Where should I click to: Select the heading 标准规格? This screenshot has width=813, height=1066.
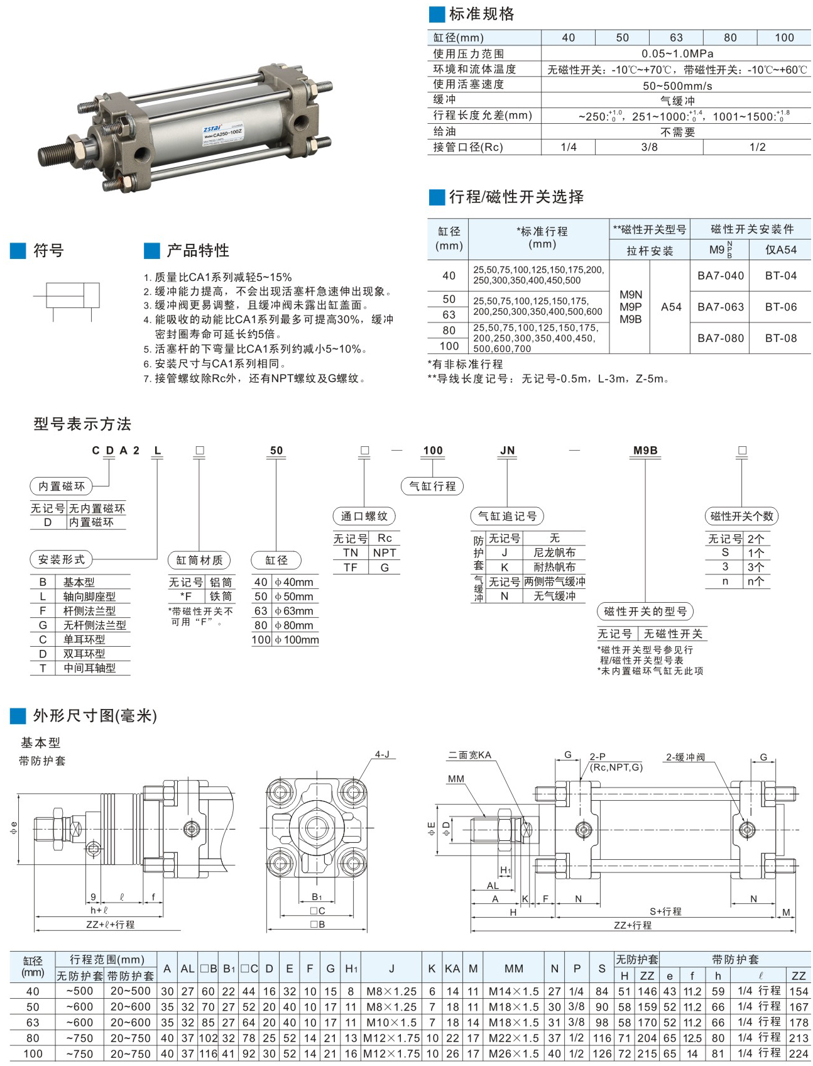click(x=481, y=14)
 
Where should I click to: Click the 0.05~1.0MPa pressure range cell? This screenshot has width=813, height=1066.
click(x=677, y=53)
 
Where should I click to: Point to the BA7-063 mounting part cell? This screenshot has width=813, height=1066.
click(x=720, y=307)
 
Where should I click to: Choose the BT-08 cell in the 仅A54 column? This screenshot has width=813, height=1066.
click(x=780, y=338)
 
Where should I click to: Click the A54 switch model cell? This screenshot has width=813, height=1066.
click(x=670, y=307)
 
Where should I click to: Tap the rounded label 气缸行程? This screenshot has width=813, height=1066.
click(x=432, y=486)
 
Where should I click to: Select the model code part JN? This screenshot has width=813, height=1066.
click(x=507, y=450)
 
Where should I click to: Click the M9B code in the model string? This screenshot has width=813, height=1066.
click(x=645, y=450)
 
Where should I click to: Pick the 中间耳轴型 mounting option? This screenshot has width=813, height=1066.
click(x=89, y=668)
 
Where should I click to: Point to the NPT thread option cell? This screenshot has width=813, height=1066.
click(x=385, y=552)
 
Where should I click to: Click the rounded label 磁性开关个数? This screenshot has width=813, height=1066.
click(x=741, y=516)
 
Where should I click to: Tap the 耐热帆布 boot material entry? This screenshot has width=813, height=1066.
click(x=554, y=567)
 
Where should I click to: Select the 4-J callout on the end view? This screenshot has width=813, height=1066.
click(x=383, y=754)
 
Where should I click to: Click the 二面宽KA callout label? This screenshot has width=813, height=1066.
click(x=469, y=755)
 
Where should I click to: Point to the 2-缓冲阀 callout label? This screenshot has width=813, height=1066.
click(x=685, y=757)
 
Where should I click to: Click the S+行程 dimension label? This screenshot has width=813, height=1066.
click(x=665, y=911)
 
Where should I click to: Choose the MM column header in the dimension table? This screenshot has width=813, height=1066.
click(x=513, y=969)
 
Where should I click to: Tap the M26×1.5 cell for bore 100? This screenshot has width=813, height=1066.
click(x=513, y=1053)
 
